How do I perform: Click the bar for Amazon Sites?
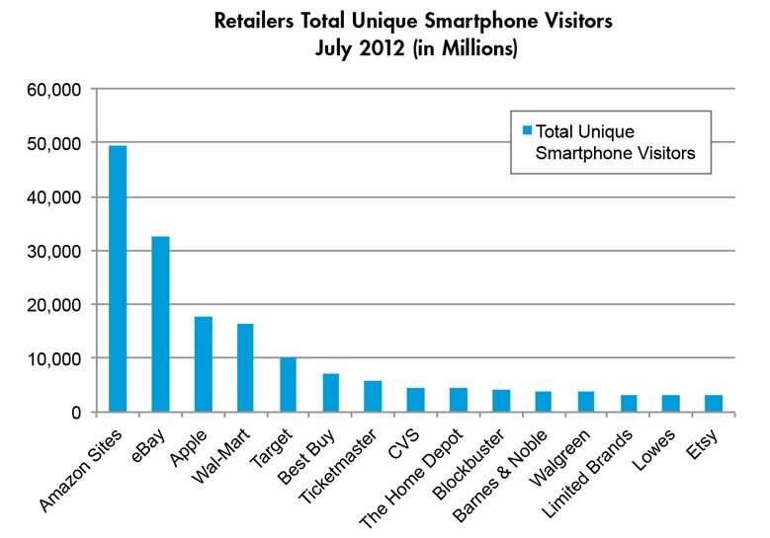[118, 278]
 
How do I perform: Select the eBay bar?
[160, 324]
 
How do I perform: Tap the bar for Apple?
[203, 363]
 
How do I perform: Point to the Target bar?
[288, 384]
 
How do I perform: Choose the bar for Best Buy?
[330, 392]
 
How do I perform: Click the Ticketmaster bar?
[373, 396]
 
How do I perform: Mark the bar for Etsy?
[714, 403]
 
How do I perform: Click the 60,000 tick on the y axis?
[58, 90]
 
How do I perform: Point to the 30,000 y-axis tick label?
[58, 251]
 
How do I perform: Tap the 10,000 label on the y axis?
[58, 358]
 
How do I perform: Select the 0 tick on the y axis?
[77, 412]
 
